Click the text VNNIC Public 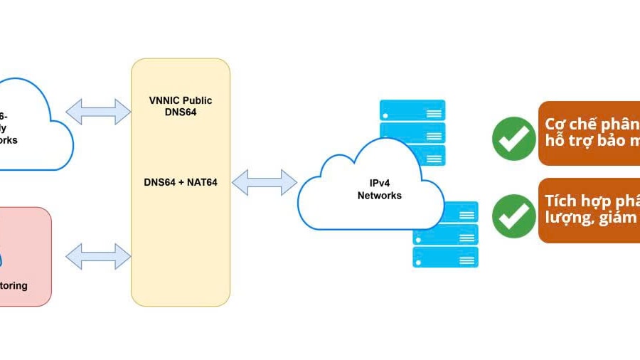pos(181,100)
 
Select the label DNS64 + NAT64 pos(181,182)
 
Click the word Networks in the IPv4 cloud pos(379,196)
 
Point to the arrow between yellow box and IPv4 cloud pos(264,182)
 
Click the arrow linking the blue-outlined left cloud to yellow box pos(98,111)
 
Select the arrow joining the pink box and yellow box pos(98,256)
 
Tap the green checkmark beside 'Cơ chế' pos(513,138)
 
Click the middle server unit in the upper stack pos(412,133)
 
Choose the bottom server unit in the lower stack pos(445,258)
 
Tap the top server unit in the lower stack pos(445,211)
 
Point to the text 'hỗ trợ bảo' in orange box pos(590,141)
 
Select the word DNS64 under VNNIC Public pos(181,112)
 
